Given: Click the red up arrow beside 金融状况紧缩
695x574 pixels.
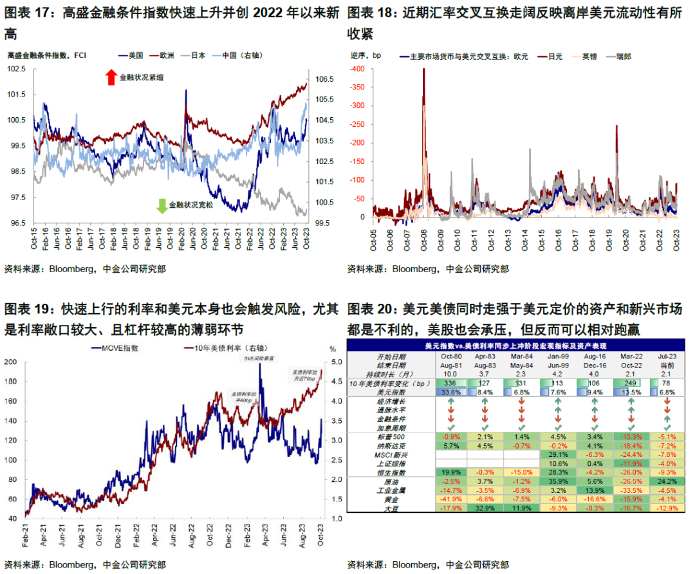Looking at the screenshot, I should [x=111, y=77].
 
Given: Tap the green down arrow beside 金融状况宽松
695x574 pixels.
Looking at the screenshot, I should [x=162, y=205].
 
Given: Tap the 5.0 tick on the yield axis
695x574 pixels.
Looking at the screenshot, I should [x=328, y=362].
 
